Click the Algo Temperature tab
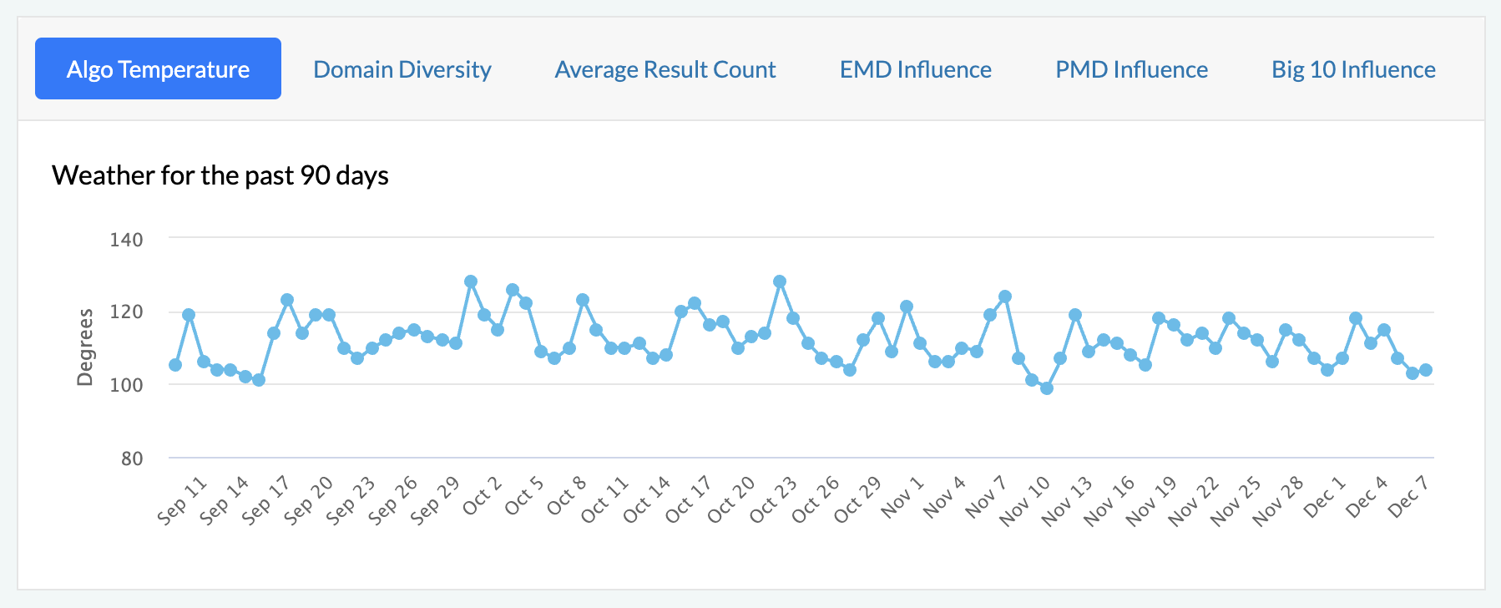point(158,69)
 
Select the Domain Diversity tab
point(402,69)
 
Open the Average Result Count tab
point(665,69)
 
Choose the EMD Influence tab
point(915,69)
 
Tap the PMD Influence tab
point(1131,69)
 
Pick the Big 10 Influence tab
point(1353,69)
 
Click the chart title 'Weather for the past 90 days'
point(220,175)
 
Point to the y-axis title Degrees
point(84,347)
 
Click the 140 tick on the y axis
point(126,240)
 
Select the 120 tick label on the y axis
point(126,312)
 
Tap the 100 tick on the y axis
point(126,385)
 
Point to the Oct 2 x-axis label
point(482,495)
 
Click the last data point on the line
point(1425,370)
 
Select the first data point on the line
point(175,365)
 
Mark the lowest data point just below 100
point(1047,388)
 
